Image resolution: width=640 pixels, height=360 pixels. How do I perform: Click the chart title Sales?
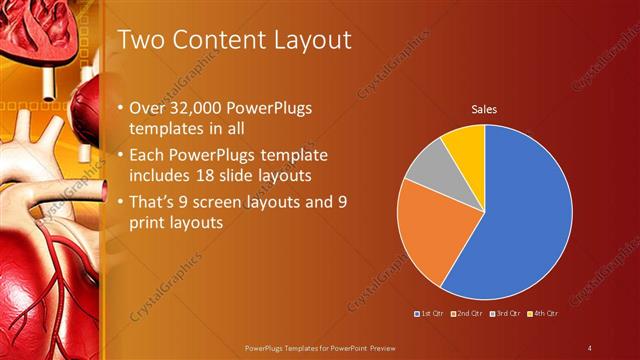[484, 108]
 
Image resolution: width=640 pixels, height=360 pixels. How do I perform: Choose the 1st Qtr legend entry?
[428, 313]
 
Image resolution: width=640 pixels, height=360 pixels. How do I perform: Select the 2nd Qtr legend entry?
[466, 313]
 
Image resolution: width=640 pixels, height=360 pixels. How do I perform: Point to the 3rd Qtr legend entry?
[505, 313]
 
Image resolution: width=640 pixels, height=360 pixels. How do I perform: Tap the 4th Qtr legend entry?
[543, 313]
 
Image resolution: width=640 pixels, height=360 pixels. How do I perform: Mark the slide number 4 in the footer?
[590, 347]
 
